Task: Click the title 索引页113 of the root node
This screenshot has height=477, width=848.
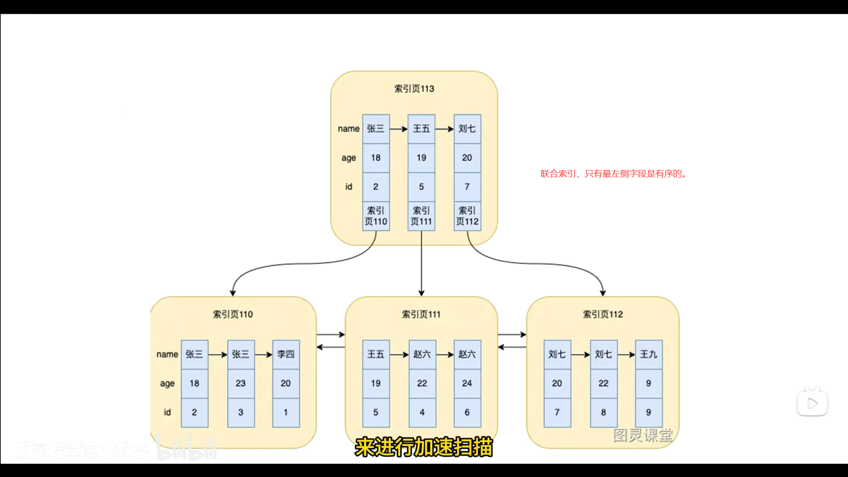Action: (x=414, y=89)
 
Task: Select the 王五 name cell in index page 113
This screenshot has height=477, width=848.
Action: (x=421, y=129)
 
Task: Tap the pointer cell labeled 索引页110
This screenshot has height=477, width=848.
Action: (x=376, y=216)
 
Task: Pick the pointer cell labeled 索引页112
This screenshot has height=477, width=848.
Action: (x=467, y=216)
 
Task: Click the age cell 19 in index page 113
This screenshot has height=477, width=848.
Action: (x=421, y=158)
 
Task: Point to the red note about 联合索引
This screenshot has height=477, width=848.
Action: (x=613, y=174)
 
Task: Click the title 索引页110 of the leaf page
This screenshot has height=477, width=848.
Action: (x=233, y=314)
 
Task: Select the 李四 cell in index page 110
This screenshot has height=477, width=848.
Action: (x=286, y=354)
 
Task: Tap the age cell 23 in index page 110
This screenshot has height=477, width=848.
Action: (x=241, y=383)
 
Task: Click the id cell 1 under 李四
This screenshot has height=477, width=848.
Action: (x=286, y=413)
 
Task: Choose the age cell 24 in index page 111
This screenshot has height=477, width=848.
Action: (x=467, y=383)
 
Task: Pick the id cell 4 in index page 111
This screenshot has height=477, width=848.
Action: (x=422, y=413)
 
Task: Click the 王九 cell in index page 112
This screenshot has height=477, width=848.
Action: (x=649, y=354)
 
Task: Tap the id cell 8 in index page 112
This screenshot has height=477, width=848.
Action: (x=603, y=413)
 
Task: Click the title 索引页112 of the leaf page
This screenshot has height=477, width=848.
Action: (x=603, y=314)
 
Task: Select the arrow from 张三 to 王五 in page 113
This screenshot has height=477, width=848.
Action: (x=398, y=129)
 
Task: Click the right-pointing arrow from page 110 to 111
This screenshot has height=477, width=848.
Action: (x=330, y=335)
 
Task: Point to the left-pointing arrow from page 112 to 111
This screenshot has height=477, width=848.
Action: (x=512, y=347)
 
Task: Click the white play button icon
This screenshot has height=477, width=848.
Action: (x=812, y=403)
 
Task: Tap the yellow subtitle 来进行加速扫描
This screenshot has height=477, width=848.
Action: (x=424, y=447)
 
